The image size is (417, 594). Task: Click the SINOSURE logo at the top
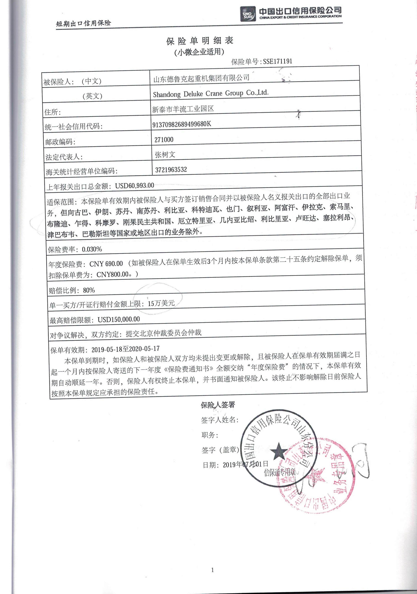pyautogui.click(x=248, y=14)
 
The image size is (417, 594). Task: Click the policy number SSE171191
pyautogui.click(x=277, y=61)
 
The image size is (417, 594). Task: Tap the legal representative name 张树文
pyautogui.click(x=165, y=155)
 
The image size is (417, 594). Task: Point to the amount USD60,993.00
pyautogui.click(x=134, y=185)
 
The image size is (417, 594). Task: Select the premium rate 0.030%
pyautogui.click(x=92, y=249)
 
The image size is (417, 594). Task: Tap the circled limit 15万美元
pyautogui.click(x=161, y=303)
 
